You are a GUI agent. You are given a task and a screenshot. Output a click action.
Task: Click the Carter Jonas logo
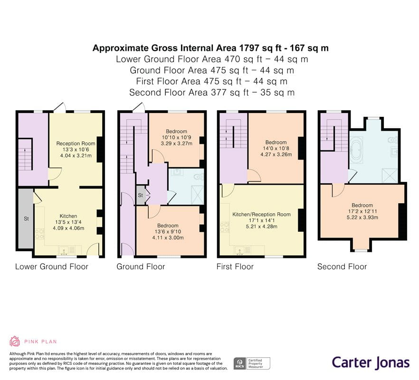tap(370, 362)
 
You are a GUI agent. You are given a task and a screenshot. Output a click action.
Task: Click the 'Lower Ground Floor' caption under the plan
tap(52, 266)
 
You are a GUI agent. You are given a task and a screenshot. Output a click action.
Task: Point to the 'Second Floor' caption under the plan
tap(342, 266)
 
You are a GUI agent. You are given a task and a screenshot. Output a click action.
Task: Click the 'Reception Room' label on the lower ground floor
tap(76, 143)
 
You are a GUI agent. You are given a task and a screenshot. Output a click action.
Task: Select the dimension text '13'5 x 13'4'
tap(68, 222)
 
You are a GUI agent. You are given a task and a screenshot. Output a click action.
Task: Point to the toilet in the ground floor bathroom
tap(199, 176)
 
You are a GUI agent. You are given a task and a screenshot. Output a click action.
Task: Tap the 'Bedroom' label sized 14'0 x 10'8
tap(276, 142)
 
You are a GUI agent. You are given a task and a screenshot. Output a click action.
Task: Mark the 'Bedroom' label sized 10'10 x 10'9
tap(176, 131)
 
